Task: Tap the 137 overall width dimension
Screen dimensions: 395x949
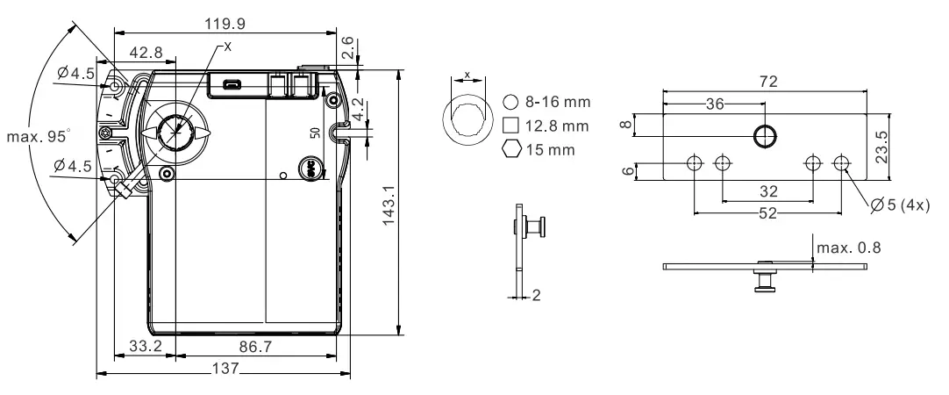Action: [225, 369]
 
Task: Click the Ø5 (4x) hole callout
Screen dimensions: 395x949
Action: [902, 206]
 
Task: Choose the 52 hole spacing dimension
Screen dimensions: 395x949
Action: [767, 215]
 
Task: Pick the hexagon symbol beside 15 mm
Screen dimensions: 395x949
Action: [510, 148]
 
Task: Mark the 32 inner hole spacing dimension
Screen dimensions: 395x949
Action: [767, 190]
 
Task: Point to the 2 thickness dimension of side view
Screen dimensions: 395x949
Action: [533, 295]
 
